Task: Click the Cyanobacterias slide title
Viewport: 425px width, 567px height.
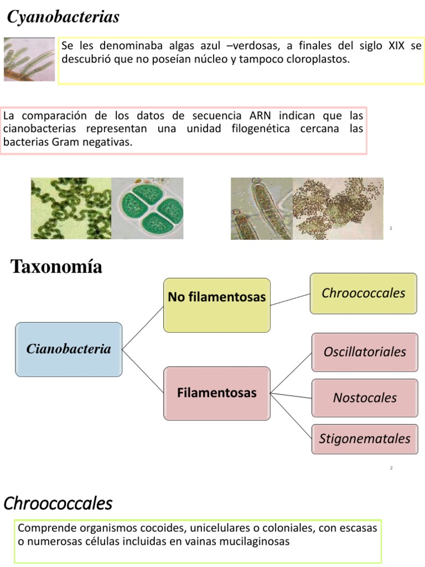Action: click(63, 17)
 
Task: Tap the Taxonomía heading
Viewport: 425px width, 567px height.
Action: click(56, 267)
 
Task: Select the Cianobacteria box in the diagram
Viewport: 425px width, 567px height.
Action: click(69, 349)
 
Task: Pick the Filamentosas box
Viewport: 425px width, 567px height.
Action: click(217, 393)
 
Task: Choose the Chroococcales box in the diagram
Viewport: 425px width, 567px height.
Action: click(364, 293)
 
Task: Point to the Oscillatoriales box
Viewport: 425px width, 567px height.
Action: click(365, 352)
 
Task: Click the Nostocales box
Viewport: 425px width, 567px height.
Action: click(365, 398)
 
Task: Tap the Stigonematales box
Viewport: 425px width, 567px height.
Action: click(365, 439)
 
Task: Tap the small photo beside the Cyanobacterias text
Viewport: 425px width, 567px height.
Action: click(29, 59)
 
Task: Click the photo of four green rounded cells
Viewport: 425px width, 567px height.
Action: click(148, 208)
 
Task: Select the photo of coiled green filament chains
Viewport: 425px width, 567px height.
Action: click(71, 208)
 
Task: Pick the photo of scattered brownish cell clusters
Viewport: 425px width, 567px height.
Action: click(338, 208)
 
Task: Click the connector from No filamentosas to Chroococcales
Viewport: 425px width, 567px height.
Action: click(290, 300)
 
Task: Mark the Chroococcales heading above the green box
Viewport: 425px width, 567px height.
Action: click(58, 503)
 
